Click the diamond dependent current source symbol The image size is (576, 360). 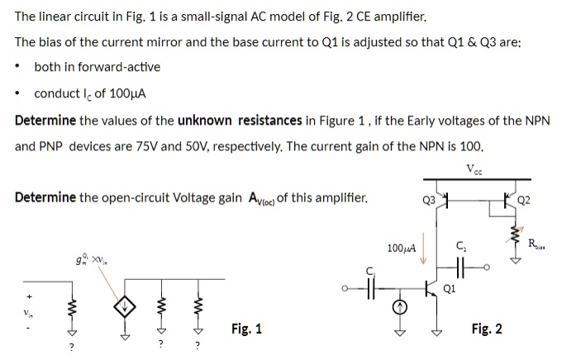click(125, 306)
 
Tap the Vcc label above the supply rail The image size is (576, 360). click(474, 169)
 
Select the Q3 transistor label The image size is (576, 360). click(429, 201)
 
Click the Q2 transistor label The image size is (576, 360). click(523, 200)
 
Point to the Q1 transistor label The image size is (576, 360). click(450, 289)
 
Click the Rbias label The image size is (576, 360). click(536, 244)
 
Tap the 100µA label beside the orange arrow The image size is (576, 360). click(402, 249)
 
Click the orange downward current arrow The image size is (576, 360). click(424, 248)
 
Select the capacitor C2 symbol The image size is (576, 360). click(460, 268)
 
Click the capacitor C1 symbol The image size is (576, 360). click(371, 288)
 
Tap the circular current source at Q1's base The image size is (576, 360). click(400, 308)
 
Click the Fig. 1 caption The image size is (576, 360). click(246, 329)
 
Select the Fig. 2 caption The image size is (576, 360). click(487, 329)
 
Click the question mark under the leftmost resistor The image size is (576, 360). click(72, 347)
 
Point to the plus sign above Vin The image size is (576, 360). click(29, 296)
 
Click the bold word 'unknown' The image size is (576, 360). click(205, 121)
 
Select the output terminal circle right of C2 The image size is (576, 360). click(487, 268)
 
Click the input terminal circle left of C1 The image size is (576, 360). click(345, 288)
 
